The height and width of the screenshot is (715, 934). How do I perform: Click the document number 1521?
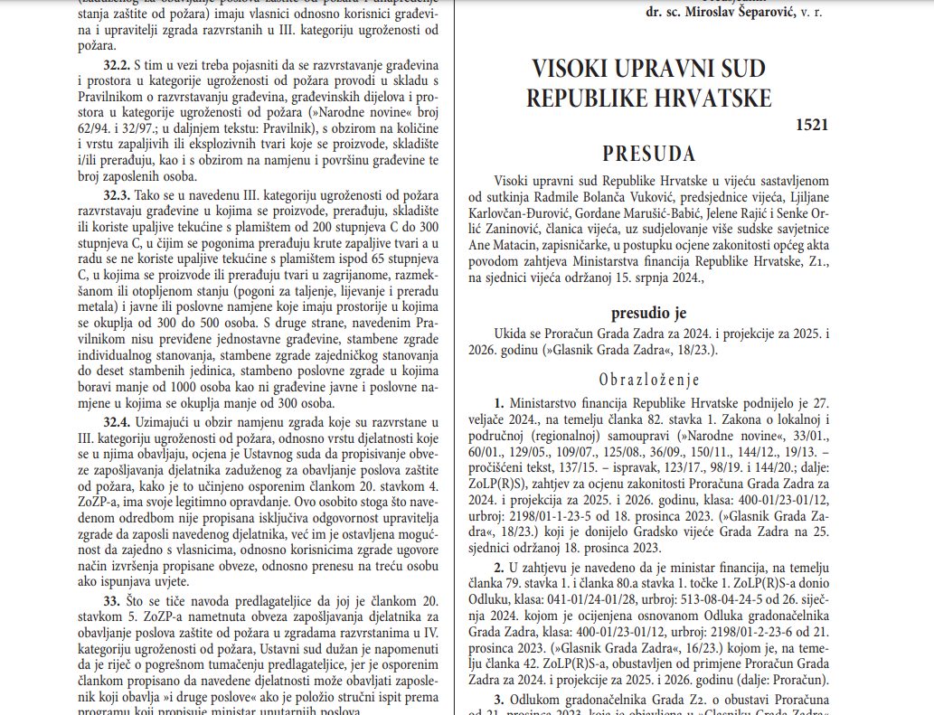coord(812,125)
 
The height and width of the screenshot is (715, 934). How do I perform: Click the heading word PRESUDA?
coord(648,152)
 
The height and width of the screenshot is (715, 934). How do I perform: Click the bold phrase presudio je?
coord(647,313)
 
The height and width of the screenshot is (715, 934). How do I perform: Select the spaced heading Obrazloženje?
coord(647,379)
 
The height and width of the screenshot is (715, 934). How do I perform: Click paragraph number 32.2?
coord(116,67)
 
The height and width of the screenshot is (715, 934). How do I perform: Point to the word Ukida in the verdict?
coord(512,334)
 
